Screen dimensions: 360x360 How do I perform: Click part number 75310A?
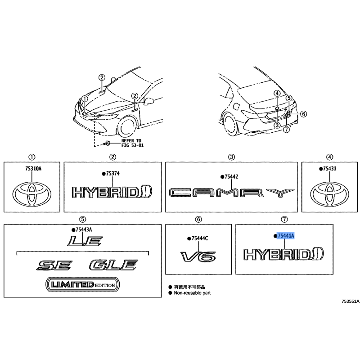click(33, 169)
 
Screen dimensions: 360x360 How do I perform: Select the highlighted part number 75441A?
click(286, 236)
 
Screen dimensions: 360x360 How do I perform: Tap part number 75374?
click(113, 174)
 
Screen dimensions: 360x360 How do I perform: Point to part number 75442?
click(231, 177)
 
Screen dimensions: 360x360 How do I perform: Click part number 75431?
click(329, 169)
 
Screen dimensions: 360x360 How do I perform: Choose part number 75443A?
click(84, 229)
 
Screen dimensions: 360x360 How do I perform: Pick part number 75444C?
click(200, 238)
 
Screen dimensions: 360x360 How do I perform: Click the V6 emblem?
click(198, 256)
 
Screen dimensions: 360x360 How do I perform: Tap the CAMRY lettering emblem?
click(231, 193)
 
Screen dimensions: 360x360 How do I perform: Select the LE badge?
click(85, 241)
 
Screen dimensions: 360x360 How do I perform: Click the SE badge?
click(54, 265)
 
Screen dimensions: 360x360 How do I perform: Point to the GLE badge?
click(113, 265)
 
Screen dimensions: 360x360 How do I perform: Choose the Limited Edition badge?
click(83, 285)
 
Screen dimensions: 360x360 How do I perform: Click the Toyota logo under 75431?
click(329, 194)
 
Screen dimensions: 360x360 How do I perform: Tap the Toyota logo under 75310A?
click(31, 194)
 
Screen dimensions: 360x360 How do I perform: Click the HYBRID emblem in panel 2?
click(112, 192)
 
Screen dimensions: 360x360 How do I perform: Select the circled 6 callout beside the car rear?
click(303, 114)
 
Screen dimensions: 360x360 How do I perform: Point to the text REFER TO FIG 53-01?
click(132, 143)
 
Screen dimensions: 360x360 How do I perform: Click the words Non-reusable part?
click(192, 293)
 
